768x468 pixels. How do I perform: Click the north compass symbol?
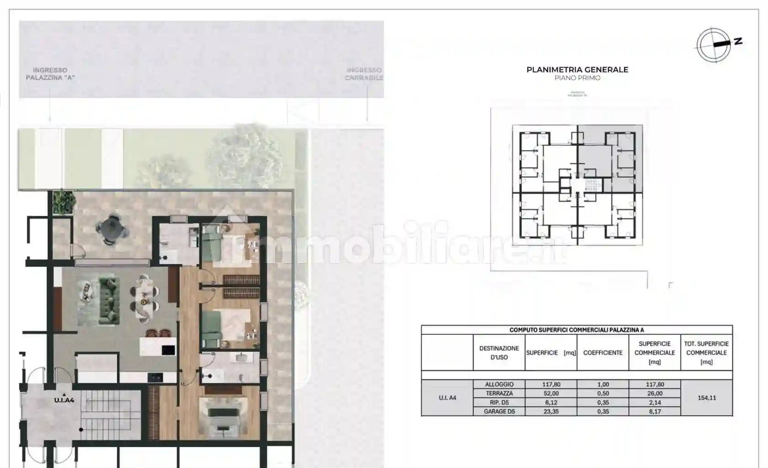pos(714,45)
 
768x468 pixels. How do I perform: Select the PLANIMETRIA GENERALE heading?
pos(577,70)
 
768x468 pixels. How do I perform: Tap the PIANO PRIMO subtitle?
pos(577,78)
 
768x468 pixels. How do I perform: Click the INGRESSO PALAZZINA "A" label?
pos(50,74)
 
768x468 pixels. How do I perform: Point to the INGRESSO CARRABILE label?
pos(364,74)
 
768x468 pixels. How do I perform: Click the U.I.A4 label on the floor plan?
pos(64,400)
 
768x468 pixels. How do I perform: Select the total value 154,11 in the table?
pos(706,398)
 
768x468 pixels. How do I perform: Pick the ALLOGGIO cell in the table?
pos(499,384)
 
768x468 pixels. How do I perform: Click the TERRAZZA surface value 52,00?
pos(551,393)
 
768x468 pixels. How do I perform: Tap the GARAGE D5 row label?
pos(499,411)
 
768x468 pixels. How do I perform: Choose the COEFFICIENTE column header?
pos(603,353)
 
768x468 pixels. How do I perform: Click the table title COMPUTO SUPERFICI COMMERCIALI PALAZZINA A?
pos(576,330)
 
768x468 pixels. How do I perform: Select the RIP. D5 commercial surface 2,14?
pos(655,403)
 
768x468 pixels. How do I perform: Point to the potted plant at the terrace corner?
pos(64,201)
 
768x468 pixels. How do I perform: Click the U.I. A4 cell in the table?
pos(447,398)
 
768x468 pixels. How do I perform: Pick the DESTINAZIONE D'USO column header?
pos(499,353)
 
